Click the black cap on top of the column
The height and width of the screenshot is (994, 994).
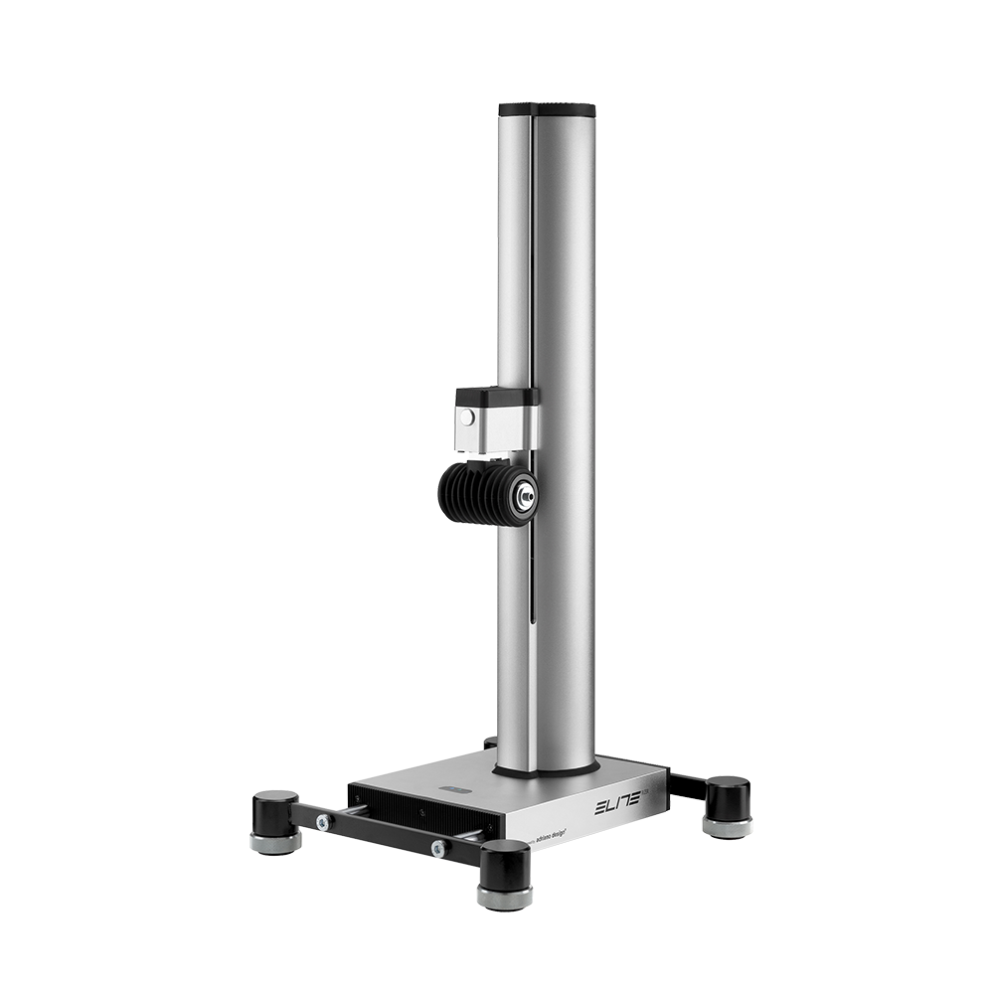click(547, 110)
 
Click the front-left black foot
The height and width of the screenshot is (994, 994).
click(275, 810)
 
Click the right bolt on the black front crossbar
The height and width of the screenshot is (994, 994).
click(437, 848)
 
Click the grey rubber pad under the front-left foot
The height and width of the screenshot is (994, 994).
click(275, 844)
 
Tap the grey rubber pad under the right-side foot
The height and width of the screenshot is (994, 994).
click(728, 827)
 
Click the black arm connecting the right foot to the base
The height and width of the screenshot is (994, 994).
click(687, 786)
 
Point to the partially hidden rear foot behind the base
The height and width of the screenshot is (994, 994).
click(489, 743)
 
